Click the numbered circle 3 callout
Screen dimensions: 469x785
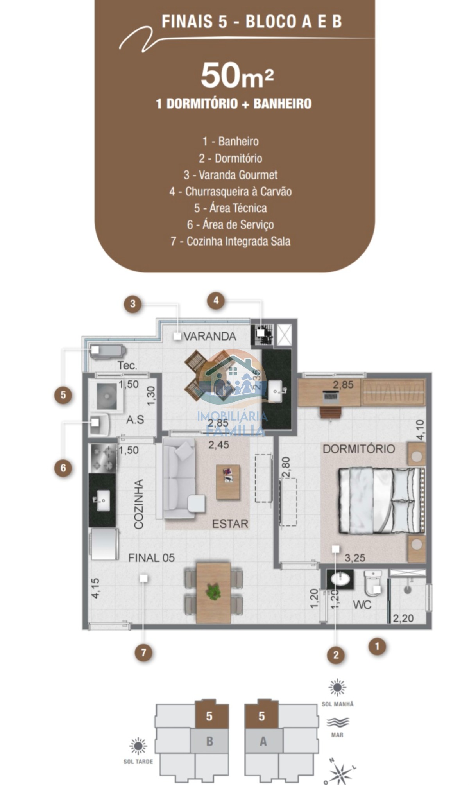point(133,304)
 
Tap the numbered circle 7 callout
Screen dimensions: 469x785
point(143,652)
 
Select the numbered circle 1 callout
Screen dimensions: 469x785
point(377,646)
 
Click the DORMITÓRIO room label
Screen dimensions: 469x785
point(359,449)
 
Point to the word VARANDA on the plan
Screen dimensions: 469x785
point(210,336)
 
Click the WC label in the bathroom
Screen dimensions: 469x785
point(362,605)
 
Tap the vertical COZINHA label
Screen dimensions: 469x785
point(139,504)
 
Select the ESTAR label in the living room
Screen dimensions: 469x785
point(230,524)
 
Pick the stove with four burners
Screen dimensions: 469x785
point(103,458)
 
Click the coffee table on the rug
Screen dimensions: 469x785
point(228,482)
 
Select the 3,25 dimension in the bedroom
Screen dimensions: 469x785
point(355,558)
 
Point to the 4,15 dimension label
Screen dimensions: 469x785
point(95,588)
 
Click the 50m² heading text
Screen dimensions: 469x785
point(237,76)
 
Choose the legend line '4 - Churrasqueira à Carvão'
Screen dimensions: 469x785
point(231,192)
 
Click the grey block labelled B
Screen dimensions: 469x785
point(209,742)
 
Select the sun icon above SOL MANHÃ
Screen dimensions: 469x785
point(337,688)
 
